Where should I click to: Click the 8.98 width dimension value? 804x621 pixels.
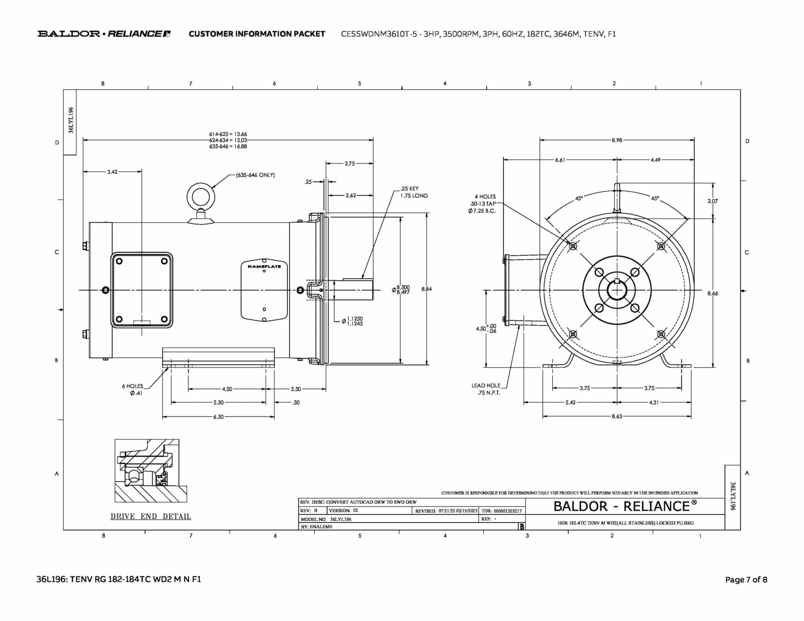click(x=617, y=140)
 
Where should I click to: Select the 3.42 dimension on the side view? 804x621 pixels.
click(x=112, y=172)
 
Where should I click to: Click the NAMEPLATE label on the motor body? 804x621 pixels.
click(x=264, y=267)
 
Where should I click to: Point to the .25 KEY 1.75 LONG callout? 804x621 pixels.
click(x=414, y=192)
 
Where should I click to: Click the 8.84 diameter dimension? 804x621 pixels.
click(x=426, y=289)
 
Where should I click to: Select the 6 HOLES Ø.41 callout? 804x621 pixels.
click(x=133, y=389)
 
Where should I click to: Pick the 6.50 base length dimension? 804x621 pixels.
click(x=218, y=417)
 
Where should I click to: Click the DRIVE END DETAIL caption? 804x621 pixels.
click(x=151, y=517)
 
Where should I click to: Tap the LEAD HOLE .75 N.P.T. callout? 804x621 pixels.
click(x=486, y=389)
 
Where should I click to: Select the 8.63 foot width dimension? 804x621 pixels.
click(x=617, y=416)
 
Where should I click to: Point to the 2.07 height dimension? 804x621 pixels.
click(x=713, y=201)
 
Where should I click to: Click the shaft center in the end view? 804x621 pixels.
click(x=617, y=290)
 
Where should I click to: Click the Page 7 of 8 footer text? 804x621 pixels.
click(x=746, y=579)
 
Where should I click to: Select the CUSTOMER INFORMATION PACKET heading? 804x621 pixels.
click(x=257, y=34)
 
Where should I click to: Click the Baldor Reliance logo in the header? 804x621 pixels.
click(x=104, y=34)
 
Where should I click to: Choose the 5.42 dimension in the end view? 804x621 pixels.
click(x=570, y=402)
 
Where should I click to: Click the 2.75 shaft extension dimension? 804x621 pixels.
click(x=349, y=163)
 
